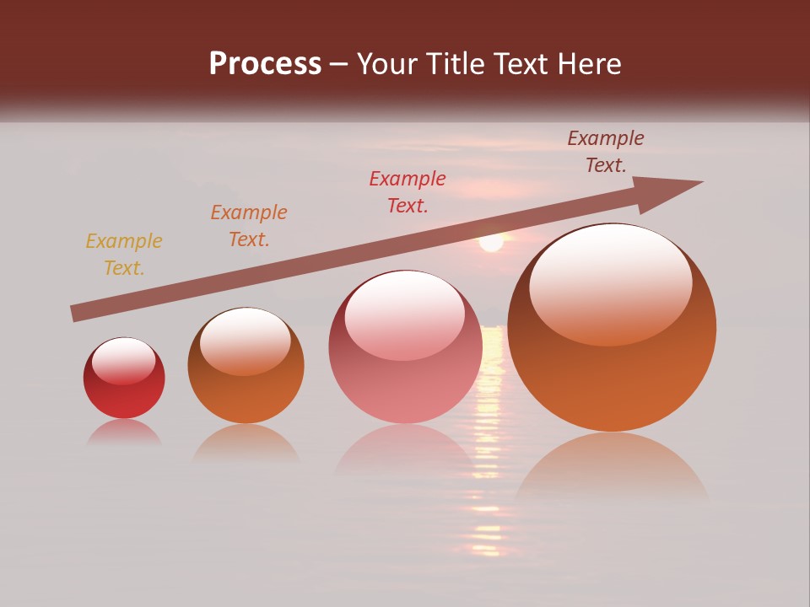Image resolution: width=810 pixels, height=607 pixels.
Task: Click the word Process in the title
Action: point(265,64)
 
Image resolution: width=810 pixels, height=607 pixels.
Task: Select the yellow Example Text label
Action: point(124,255)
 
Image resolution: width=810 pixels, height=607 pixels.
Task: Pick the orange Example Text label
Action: point(249,226)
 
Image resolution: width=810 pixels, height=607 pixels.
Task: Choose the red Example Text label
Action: point(408,192)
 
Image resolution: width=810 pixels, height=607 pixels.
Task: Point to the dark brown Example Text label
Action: point(606,152)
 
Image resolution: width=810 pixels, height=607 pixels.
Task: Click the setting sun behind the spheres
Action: point(491,242)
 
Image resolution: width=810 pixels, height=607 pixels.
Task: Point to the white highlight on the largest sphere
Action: point(611,282)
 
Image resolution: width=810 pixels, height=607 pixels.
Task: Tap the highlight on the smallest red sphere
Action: point(124,361)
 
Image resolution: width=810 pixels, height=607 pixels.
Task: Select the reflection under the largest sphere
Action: point(612,468)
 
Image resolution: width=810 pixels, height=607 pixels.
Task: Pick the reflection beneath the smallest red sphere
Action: point(124,432)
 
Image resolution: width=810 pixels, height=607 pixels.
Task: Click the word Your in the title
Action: point(387,64)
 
